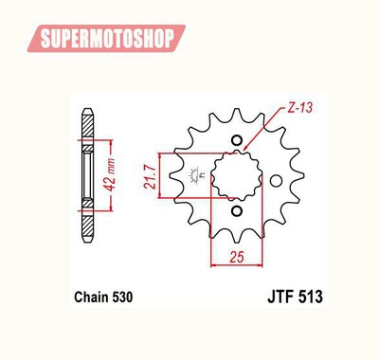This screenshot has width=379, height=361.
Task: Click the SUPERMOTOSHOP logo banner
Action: [106, 38]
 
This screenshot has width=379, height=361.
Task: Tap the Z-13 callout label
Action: [299, 108]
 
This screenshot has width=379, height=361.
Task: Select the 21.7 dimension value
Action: [151, 177]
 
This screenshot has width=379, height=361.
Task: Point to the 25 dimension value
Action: [237, 257]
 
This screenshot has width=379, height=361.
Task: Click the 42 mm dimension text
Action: [110, 174]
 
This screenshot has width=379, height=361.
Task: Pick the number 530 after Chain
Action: [121, 298]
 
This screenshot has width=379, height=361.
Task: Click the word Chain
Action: [91, 298]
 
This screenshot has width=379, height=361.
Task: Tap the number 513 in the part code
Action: [310, 297]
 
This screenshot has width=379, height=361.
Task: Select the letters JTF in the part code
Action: [280, 297]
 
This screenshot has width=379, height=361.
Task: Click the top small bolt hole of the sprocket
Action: [237, 140]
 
